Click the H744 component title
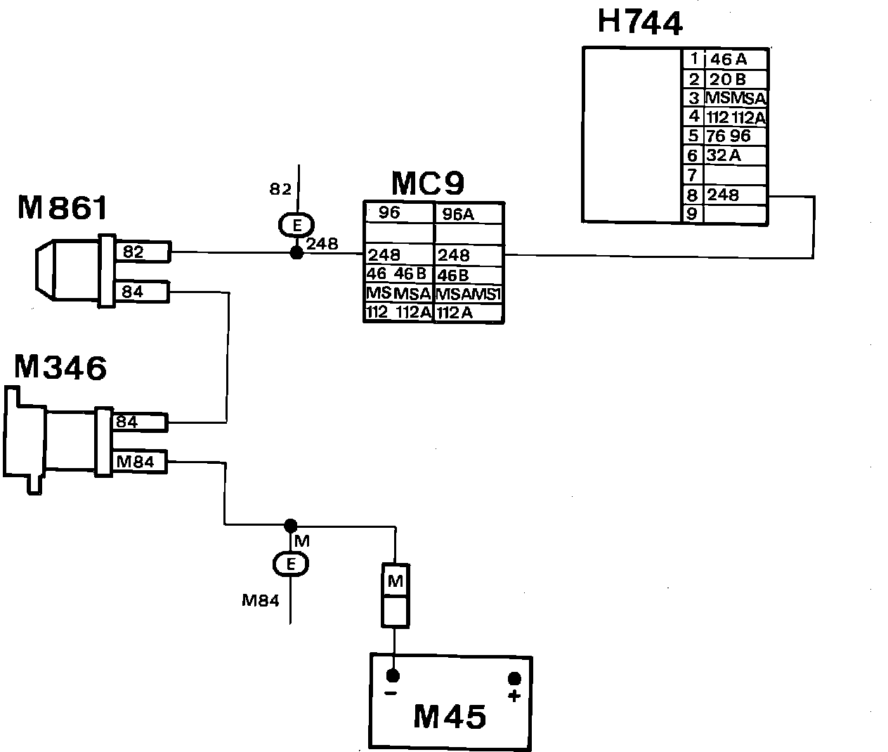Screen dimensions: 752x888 pyautogui.click(x=639, y=22)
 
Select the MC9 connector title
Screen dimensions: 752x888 pyautogui.click(x=427, y=184)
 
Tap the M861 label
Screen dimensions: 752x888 pyautogui.click(x=63, y=208)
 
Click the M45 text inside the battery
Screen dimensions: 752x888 pyautogui.click(x=450, y=717)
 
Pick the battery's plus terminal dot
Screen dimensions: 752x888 pyautogui.click(x=514, y=679)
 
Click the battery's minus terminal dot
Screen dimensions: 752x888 pyautogui.click(x=393, y=676)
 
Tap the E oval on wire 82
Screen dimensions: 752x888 pyautogui.click(x=296, y=226)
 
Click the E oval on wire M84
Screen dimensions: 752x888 pyautogui.click(x=290, y=563)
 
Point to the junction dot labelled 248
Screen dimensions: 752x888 pyautogui.click(x=296, y=252)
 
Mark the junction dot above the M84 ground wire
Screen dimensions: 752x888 pyautogui.click(x=290, y=525)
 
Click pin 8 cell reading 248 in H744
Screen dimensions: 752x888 pyautogui.click(x=736, y=195)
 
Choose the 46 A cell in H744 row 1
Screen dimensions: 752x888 pyautogui.click(x=736, y=60)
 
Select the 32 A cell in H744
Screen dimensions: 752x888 pyautogui.click(x=736, y=156)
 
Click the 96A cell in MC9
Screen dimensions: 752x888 pyautogui.click(x=469, y=214)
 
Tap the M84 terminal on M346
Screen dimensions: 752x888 pyautogui.click(x=139, y=461)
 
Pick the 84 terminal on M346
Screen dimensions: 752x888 pyautogui.click(x=139, y=422)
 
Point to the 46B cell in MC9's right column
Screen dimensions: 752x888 pyautogui.click(x=469, y=275)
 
